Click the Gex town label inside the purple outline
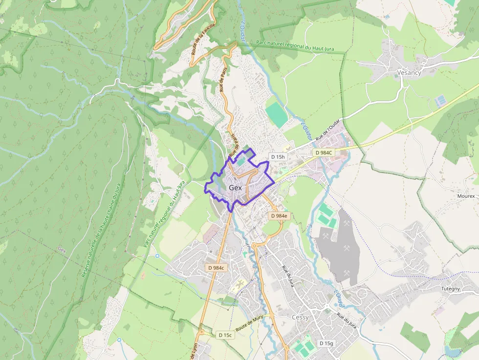coord(235,188)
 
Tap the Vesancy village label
coord(409,73)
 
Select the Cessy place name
coord(300,317)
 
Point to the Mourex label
coord(466,196)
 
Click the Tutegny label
coord(451,289)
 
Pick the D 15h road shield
coord(277,157)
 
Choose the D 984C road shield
coord(324,152)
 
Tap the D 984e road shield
coord(280,215)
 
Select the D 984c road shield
coord(216,268)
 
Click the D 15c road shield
coord(225,335)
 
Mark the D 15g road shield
coord(326,343)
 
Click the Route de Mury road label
coord(249,323)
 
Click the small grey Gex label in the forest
coord(62,249)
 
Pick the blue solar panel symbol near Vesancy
coord(440,101)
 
